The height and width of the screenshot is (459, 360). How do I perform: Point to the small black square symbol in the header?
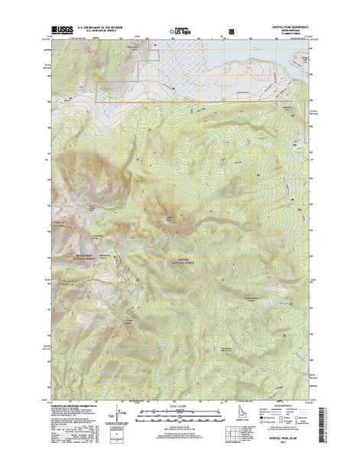coord(232,32)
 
